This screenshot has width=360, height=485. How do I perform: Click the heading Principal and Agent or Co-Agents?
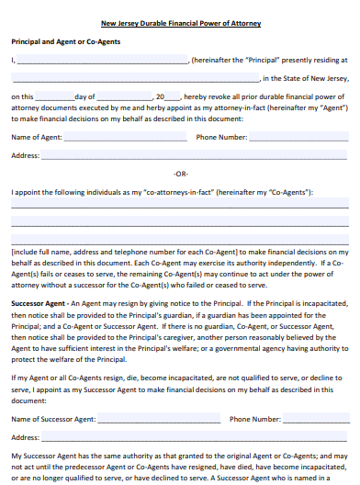coord(65,41)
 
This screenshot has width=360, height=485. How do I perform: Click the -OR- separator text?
coord(180,174)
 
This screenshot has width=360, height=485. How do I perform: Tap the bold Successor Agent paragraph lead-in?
coord(38,302)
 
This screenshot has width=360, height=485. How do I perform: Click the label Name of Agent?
coord(37,137)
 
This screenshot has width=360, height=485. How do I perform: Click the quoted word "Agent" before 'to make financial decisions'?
coord(332,107)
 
